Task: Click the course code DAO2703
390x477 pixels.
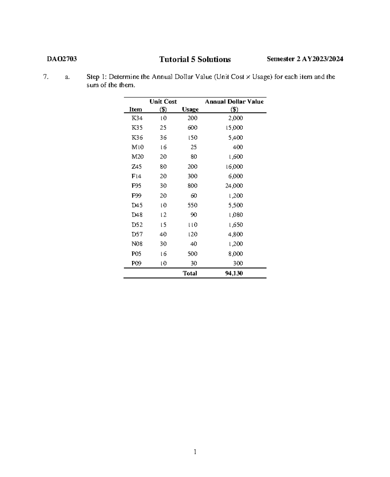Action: (62, 59)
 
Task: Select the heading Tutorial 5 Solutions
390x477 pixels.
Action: (195, 59)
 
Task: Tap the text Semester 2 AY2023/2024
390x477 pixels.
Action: (305, 59)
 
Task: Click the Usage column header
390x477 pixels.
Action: (190, 109)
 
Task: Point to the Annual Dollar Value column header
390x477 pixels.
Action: (234, 102)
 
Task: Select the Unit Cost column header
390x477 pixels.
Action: (163, 102)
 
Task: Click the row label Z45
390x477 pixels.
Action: (136, 166)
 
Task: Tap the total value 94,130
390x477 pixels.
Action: (234, 273)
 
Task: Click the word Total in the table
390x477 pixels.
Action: (190, 273)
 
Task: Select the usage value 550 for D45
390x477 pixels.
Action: (192, 205)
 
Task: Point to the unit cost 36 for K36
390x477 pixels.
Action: (163, 138)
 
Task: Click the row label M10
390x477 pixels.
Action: (137, 147)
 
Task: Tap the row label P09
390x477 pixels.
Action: (136, 263)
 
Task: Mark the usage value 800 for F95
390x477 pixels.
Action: (192, 186)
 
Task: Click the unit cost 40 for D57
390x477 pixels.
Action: (163, 234)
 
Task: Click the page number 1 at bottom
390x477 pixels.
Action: (195, 451)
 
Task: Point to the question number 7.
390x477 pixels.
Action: (46, 77)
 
